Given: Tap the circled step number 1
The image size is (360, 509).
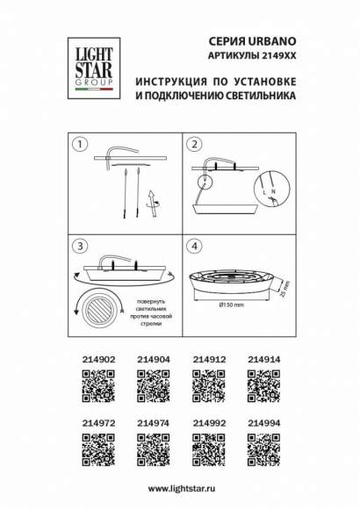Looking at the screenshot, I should [x=80, y=143].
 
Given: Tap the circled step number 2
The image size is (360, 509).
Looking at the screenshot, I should [x=196, y=143].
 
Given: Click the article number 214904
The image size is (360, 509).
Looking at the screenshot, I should [x=153, y=359].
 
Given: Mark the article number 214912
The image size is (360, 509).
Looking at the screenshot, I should [x=208, y=359].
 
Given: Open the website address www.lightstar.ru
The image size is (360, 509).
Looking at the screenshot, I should [x=179, y=488].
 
